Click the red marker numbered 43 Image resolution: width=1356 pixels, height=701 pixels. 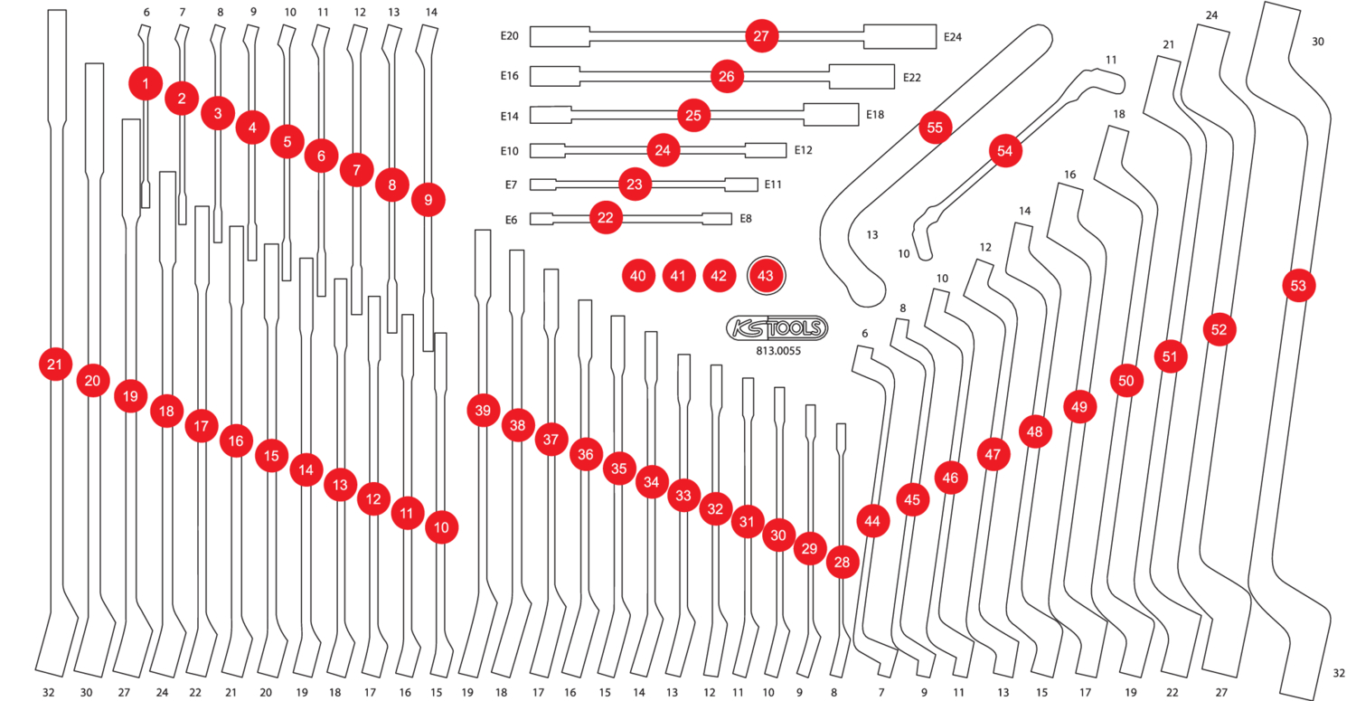point(767,276)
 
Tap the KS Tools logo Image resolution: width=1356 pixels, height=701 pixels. point(777,328)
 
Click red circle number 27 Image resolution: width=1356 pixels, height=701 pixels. point(760,36)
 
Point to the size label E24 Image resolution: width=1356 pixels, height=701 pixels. point(952,37)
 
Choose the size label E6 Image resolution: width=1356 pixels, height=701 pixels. point(511,219)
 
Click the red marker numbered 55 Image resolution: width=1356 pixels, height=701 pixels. point(935,128)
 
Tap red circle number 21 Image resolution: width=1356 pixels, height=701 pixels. point(55,365)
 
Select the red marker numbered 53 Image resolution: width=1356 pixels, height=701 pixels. point(1298,286)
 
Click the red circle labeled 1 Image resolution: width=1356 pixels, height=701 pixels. point(146,84)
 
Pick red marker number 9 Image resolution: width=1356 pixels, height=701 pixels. point(428,199)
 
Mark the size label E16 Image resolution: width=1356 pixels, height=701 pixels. point(509,76)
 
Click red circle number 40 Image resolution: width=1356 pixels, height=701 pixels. point(638,276)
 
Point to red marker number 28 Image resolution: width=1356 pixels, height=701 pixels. point(843,563)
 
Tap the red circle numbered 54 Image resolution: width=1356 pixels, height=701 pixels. point(1005,151)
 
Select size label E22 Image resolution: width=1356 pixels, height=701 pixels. point(911,78)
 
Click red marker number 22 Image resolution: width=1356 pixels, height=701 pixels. point(606,218)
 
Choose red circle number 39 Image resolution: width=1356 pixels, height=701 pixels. point(484,411)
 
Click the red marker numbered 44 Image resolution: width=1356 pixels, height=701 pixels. point(871,521)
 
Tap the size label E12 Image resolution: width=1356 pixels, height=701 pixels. point(803,150)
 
